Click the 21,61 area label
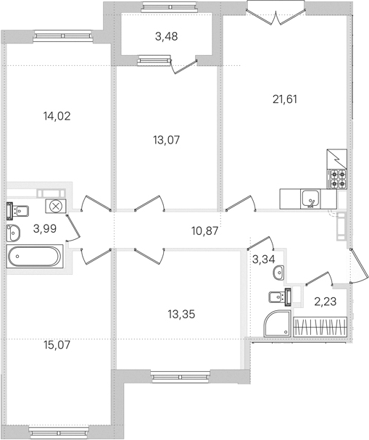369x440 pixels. point(284,99)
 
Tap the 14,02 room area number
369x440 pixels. point(57,116)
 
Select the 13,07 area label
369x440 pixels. point(167,139)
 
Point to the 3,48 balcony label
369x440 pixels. point(167,36)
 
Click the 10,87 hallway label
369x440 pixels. point(205,231)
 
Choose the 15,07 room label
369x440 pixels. point(57,345)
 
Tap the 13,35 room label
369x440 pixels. point(181,315)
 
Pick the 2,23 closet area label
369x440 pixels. point(326,302)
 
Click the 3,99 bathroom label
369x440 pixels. point(45,229)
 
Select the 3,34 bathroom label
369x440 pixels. point(264,259)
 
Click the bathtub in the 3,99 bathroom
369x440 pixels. point(35,256)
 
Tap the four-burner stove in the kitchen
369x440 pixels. point(337,179)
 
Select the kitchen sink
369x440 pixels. point(310,199)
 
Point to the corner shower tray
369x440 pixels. point(277,323)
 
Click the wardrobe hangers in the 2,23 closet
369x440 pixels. point(320,327)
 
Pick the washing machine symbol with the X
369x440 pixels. point(55,207)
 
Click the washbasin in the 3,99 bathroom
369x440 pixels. point(13,233)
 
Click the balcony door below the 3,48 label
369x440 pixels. point(183,67)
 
